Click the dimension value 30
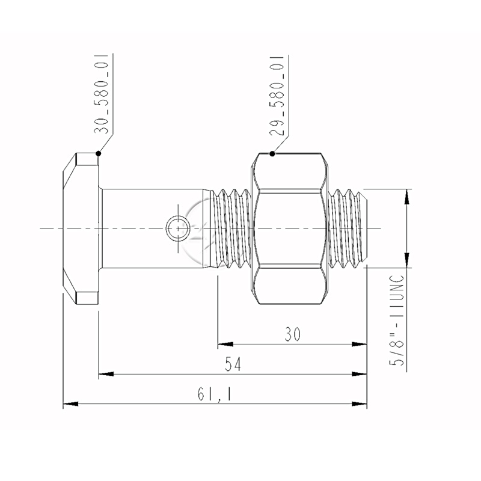click(x=293, y=334)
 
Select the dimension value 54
click(x=233, y=364)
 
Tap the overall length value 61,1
click(x=215, y=394)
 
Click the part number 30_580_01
click(x=101, y=94)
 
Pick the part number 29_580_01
click(x=277, y=96)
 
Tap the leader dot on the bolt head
click(x=99, y=153)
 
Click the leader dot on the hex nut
click(x=272, y=154)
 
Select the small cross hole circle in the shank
click(x=177, y=228)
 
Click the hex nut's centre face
click(x=290, y=228)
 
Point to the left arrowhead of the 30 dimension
click(x=225, y=344)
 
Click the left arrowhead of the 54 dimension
click(x=106, y=374)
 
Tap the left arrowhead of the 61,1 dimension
click(x=70, y=403)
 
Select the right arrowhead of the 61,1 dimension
click(x=359, y=403)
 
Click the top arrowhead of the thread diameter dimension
click(x=407, y=197)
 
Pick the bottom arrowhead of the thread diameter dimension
click(x=407, y=260)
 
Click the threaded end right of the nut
click(x=348, y=228)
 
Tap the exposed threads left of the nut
click(x=230, y=228)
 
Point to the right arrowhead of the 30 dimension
click(x=359, y=344)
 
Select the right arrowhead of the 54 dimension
click(x=359, y=374)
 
